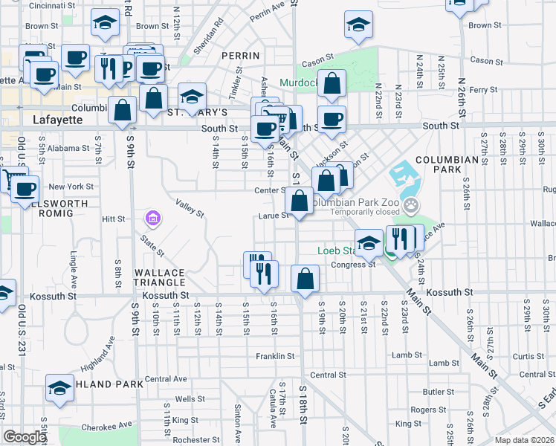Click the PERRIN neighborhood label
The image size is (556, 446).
[240, 56]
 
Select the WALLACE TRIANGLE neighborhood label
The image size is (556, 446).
[159, 277]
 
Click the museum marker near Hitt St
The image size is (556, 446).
[152, 219]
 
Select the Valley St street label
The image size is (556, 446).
[190, 207]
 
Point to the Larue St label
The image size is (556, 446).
[274, 216]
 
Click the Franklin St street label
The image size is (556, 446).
[275, 356]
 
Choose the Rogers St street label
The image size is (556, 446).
[427, 410]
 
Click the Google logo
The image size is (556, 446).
[24, 437]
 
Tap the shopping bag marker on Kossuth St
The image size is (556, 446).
[306, 279]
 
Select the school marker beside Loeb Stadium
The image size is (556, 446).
[369, 242]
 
